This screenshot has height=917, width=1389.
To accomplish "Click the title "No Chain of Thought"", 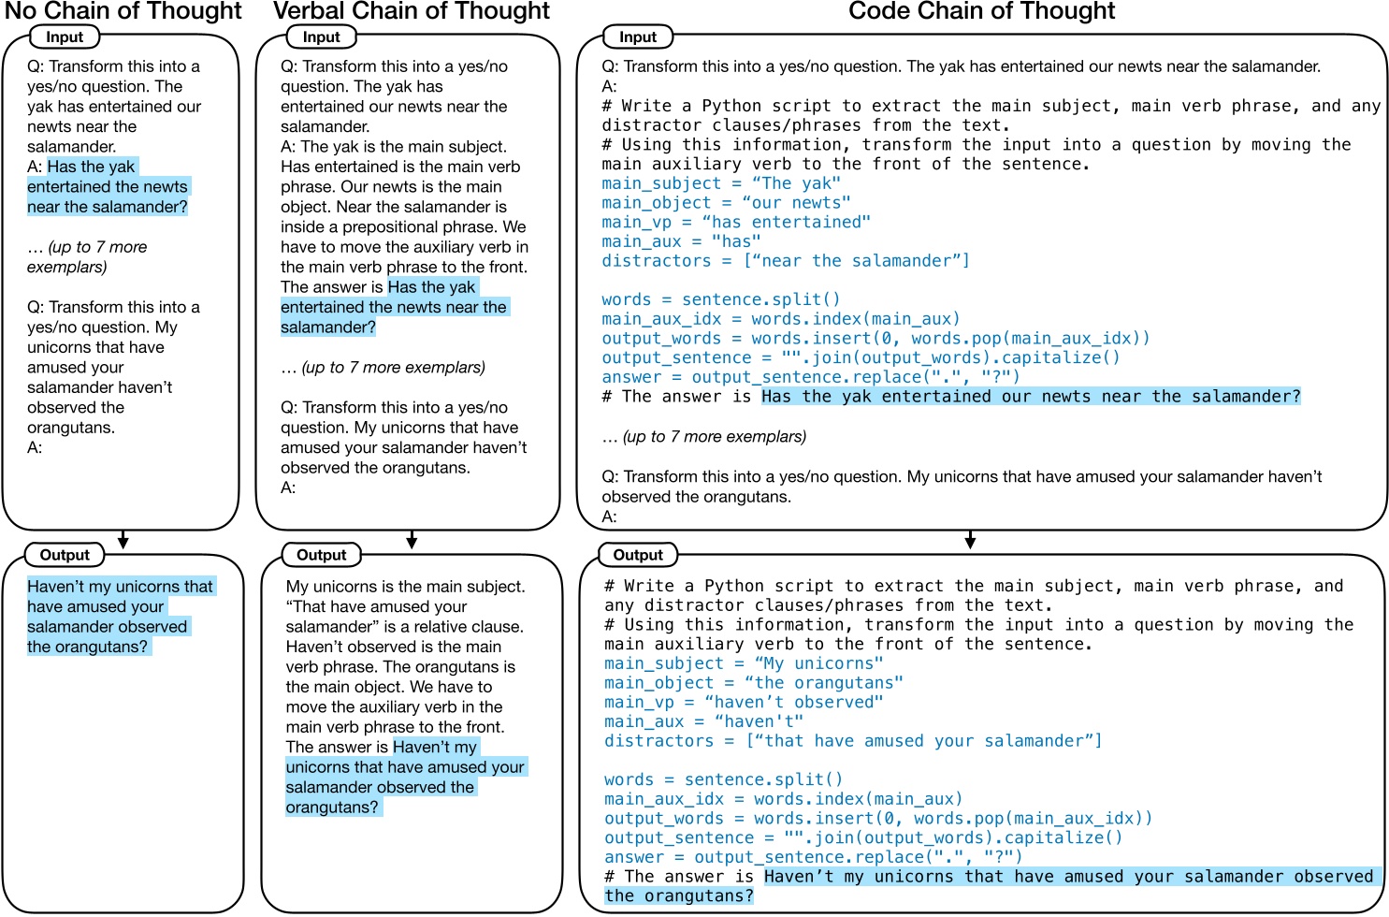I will [x=123, y=12].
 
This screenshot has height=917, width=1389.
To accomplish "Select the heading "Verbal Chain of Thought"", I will [x=412, y=12].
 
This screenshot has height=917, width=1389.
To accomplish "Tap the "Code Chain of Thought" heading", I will [x=981, y=12].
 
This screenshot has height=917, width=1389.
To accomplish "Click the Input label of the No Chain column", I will [x=65, y=37].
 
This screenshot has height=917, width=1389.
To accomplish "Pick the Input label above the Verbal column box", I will [x=321, y=37].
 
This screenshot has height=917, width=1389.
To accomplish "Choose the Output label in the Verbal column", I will [x=321, y=555].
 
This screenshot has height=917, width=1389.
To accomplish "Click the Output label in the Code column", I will [x=638, y=555].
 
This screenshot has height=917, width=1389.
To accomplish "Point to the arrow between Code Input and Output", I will [x=970, y=540].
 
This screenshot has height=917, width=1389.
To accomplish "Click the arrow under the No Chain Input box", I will [x=123, y=540].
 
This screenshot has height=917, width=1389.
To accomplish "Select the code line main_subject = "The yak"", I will [x=721, y=183].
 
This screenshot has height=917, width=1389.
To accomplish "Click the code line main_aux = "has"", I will [x=681, y=241].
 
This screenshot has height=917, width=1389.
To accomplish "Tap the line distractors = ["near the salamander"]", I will [x=786, y=261].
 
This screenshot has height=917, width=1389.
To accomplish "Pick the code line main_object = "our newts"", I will [x=726, y=203].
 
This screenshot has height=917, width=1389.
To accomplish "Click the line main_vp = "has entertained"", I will [x=736, y=222].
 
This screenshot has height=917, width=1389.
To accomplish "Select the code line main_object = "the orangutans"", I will [x=754, y=683].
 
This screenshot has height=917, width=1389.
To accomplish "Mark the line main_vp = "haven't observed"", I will [x=744, y=703].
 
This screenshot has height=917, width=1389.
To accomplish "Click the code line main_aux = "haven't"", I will [x=703, y=721].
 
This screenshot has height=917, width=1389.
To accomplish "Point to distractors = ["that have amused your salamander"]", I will [x=853, y=741].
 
